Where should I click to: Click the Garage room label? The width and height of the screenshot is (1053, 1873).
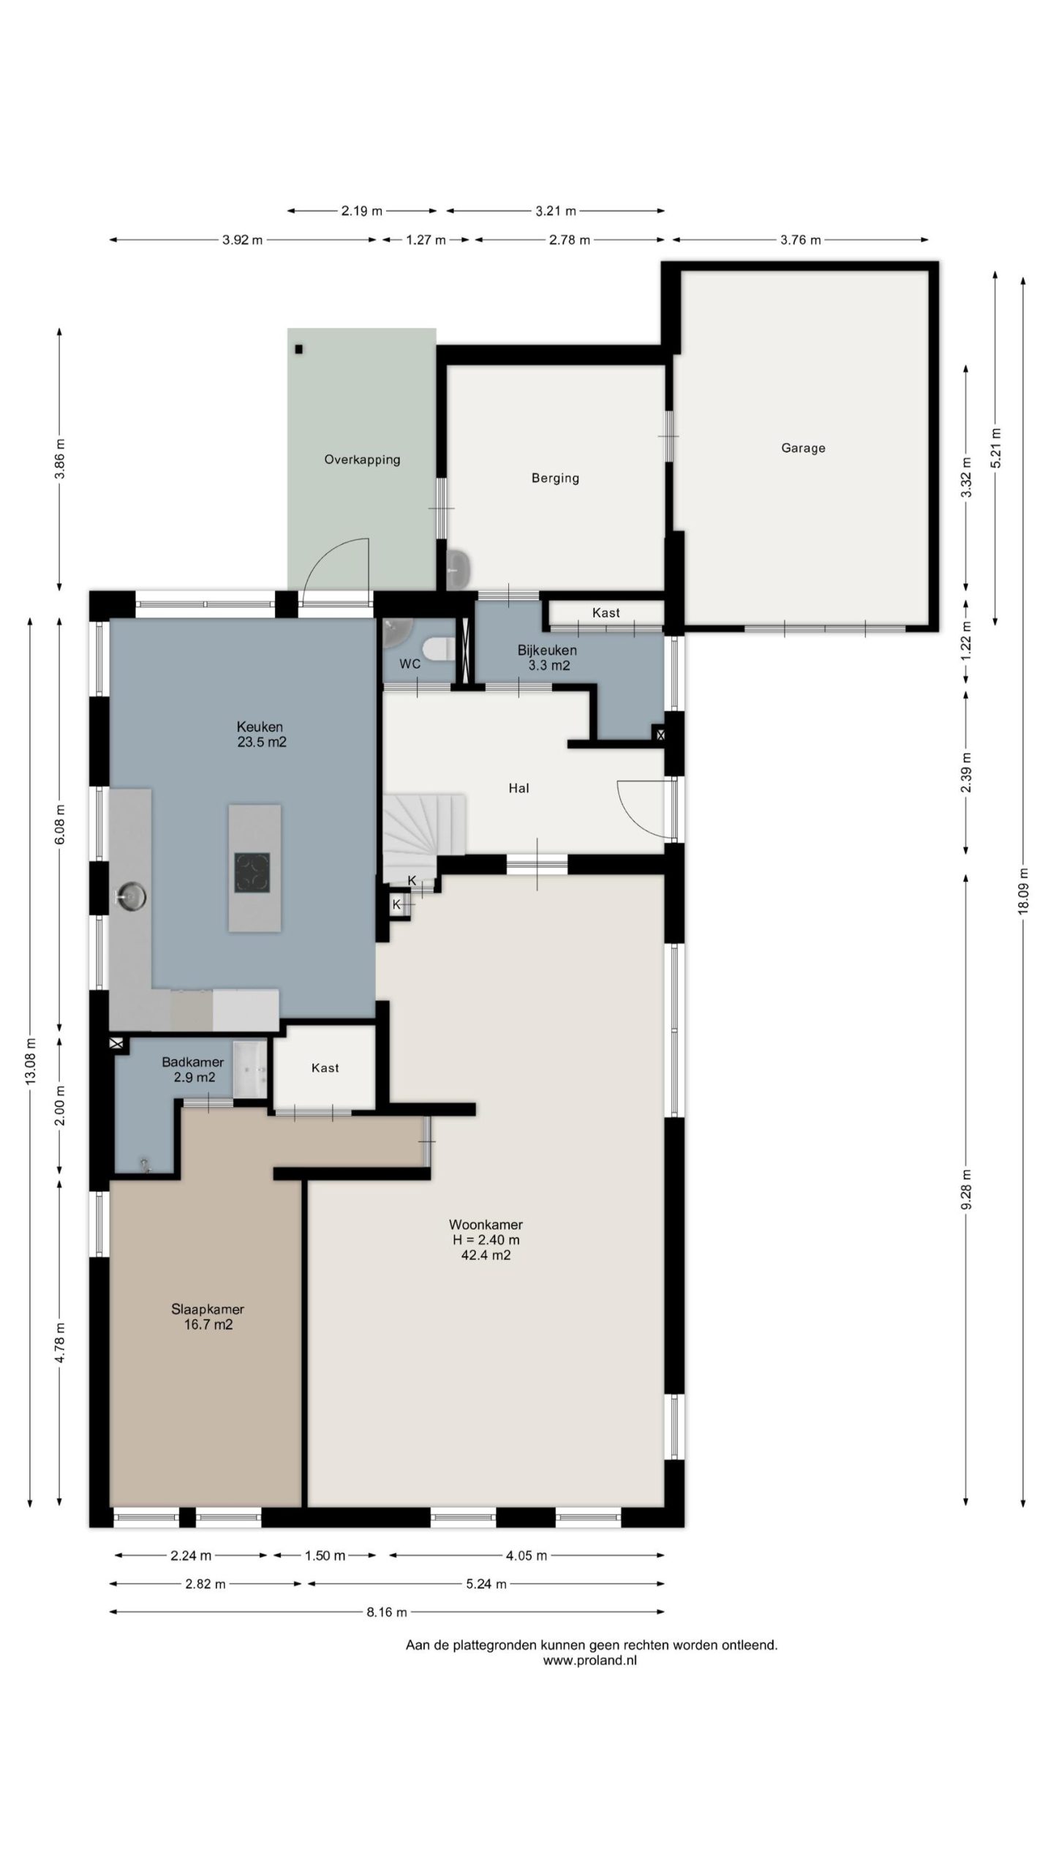803,448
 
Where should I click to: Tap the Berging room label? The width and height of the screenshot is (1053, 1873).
555,478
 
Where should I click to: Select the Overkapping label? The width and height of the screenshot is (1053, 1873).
362,459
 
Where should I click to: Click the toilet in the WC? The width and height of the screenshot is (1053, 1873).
439,649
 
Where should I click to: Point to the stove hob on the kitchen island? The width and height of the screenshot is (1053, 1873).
252,872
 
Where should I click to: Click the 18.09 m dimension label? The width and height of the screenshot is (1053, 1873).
1022,890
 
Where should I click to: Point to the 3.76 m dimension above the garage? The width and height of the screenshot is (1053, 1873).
800,239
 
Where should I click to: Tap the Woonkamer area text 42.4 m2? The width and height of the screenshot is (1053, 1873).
486,1255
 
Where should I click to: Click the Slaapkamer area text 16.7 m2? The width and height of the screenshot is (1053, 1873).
208,1324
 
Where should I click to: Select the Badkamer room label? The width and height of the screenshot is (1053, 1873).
192,1062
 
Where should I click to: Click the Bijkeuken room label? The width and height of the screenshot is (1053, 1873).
547,650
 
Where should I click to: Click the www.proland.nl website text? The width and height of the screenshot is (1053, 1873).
589,1660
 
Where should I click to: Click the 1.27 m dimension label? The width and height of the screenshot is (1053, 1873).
426,239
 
